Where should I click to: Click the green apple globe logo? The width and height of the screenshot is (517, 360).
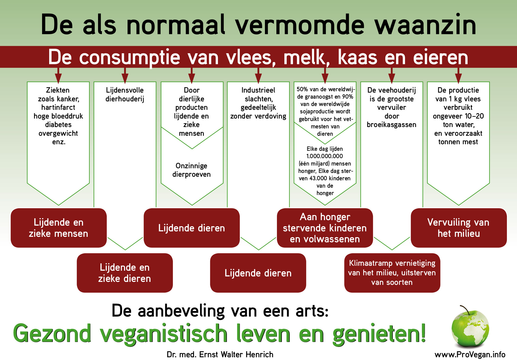point(470,326)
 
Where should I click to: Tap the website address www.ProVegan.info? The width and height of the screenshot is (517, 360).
point(470,354)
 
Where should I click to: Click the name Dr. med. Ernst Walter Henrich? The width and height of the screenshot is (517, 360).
point(220,354)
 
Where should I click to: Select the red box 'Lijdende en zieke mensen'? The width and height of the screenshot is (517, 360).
point(59,228)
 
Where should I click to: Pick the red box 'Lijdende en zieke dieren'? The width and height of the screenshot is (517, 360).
point(125,273)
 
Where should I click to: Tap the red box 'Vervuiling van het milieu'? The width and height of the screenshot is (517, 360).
point(459,228)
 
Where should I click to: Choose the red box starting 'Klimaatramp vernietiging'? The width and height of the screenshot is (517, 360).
point(392,273)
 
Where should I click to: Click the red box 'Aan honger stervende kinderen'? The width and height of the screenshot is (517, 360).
point(325,228)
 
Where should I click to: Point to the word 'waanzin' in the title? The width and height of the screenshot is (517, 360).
point(426,25)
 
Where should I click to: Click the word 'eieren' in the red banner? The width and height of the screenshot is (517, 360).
point(441,57)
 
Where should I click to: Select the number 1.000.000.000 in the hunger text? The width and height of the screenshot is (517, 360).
point(325,156)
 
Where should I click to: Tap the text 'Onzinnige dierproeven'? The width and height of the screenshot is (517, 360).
point(191,170)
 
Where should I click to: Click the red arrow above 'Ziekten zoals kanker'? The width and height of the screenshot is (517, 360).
point(58,75)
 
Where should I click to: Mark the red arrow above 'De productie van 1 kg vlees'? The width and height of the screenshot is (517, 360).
point(458,75)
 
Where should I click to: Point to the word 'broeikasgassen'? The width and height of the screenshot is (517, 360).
point(392,125)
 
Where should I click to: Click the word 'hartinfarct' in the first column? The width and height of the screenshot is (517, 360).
point(58,107)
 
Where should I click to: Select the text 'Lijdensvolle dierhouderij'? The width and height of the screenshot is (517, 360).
point(125,95)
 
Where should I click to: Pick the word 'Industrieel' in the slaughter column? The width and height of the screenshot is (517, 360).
point(258,90)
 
